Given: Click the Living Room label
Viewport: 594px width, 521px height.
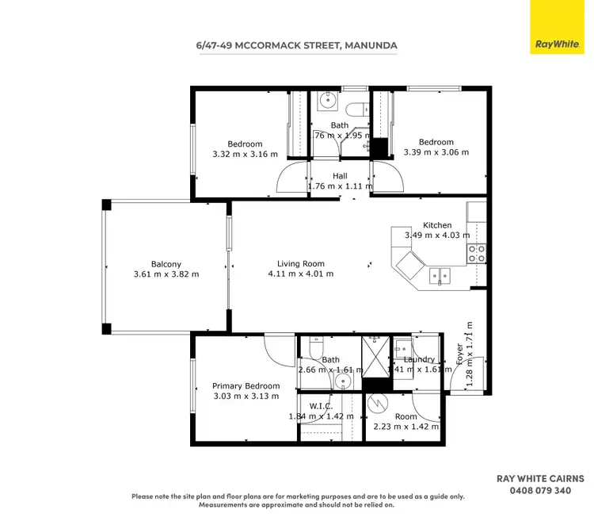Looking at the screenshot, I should [x=300, y=264].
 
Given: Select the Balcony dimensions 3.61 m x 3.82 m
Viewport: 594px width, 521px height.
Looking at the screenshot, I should [x=166, y=274].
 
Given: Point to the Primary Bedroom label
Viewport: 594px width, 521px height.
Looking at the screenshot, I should [x=246, y=386].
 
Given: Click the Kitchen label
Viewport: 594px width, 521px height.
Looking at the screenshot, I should [x=437, y=225].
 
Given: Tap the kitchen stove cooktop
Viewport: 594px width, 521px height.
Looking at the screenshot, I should [x=477, y=253].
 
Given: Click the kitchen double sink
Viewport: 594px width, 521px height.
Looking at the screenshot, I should [x=438, y=275].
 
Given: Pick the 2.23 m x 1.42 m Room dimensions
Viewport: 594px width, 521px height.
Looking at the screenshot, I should [x=406, y=427].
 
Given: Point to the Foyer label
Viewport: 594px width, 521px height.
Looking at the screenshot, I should [x=459, y=354].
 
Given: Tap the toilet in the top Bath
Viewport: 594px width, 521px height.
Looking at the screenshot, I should [x=357, y=107].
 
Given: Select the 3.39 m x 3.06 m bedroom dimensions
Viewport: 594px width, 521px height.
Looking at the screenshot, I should [x=436, y=152].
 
